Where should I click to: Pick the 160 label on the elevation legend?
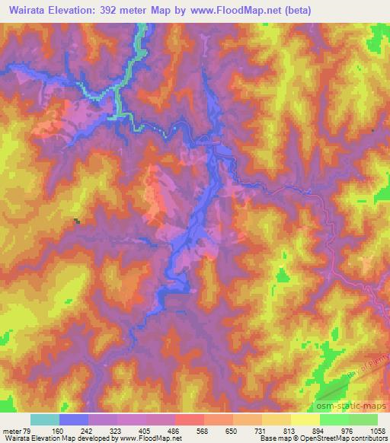click(59, 431)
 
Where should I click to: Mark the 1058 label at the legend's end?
click(376, 431)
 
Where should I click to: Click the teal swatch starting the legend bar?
click(45, 419)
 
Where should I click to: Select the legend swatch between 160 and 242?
click(74, 419)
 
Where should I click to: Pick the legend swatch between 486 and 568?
click(190, 419)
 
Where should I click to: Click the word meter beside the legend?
click(11, 431)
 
